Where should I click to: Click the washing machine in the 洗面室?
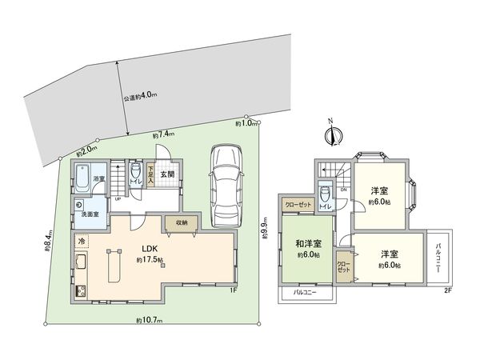pos(82,203)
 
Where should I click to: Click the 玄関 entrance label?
pos(166,174)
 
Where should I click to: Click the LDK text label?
pos(149,249)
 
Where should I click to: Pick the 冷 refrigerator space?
pos(82,241)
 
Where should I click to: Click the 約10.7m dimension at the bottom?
pos(149,320)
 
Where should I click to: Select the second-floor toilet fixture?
pos(324,195)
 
